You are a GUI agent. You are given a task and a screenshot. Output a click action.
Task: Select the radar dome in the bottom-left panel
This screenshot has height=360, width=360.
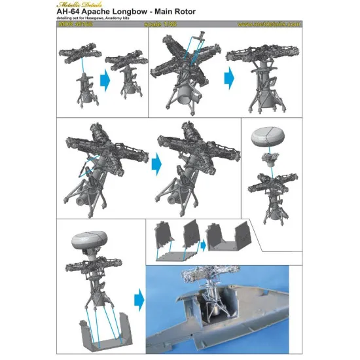[92, 245]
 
